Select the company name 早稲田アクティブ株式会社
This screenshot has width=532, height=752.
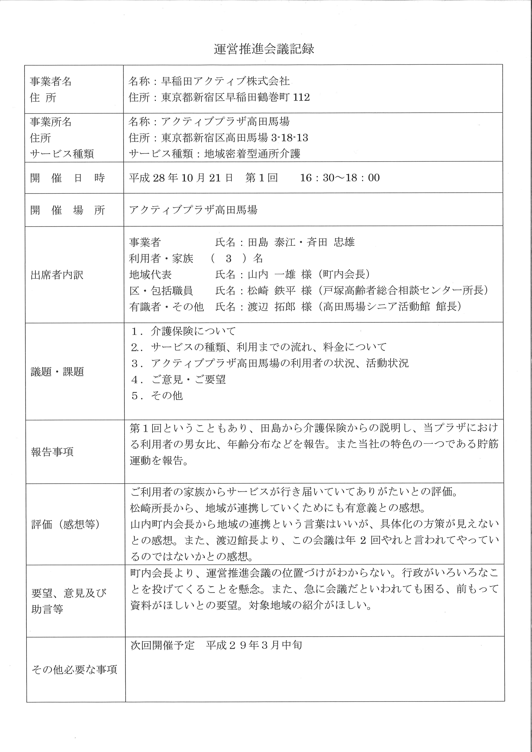tap(225, 81)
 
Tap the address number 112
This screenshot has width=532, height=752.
tap(301, 97)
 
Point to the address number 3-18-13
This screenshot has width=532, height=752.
tap(290, 138)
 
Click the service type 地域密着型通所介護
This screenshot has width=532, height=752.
tap(252, 154)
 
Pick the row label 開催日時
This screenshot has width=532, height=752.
tap(67, 178)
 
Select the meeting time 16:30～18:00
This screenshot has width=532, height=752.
tap(340, 178)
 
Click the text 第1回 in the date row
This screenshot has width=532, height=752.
tap(261, 178)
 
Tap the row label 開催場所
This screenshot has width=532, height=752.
tap(67, 210)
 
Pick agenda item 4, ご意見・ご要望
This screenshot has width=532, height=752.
tap(188, 379)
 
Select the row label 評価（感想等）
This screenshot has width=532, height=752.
tap(65, 524)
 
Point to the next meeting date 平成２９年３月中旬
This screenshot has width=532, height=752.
tap(254, 645)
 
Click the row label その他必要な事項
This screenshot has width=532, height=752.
tap(74, 669)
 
